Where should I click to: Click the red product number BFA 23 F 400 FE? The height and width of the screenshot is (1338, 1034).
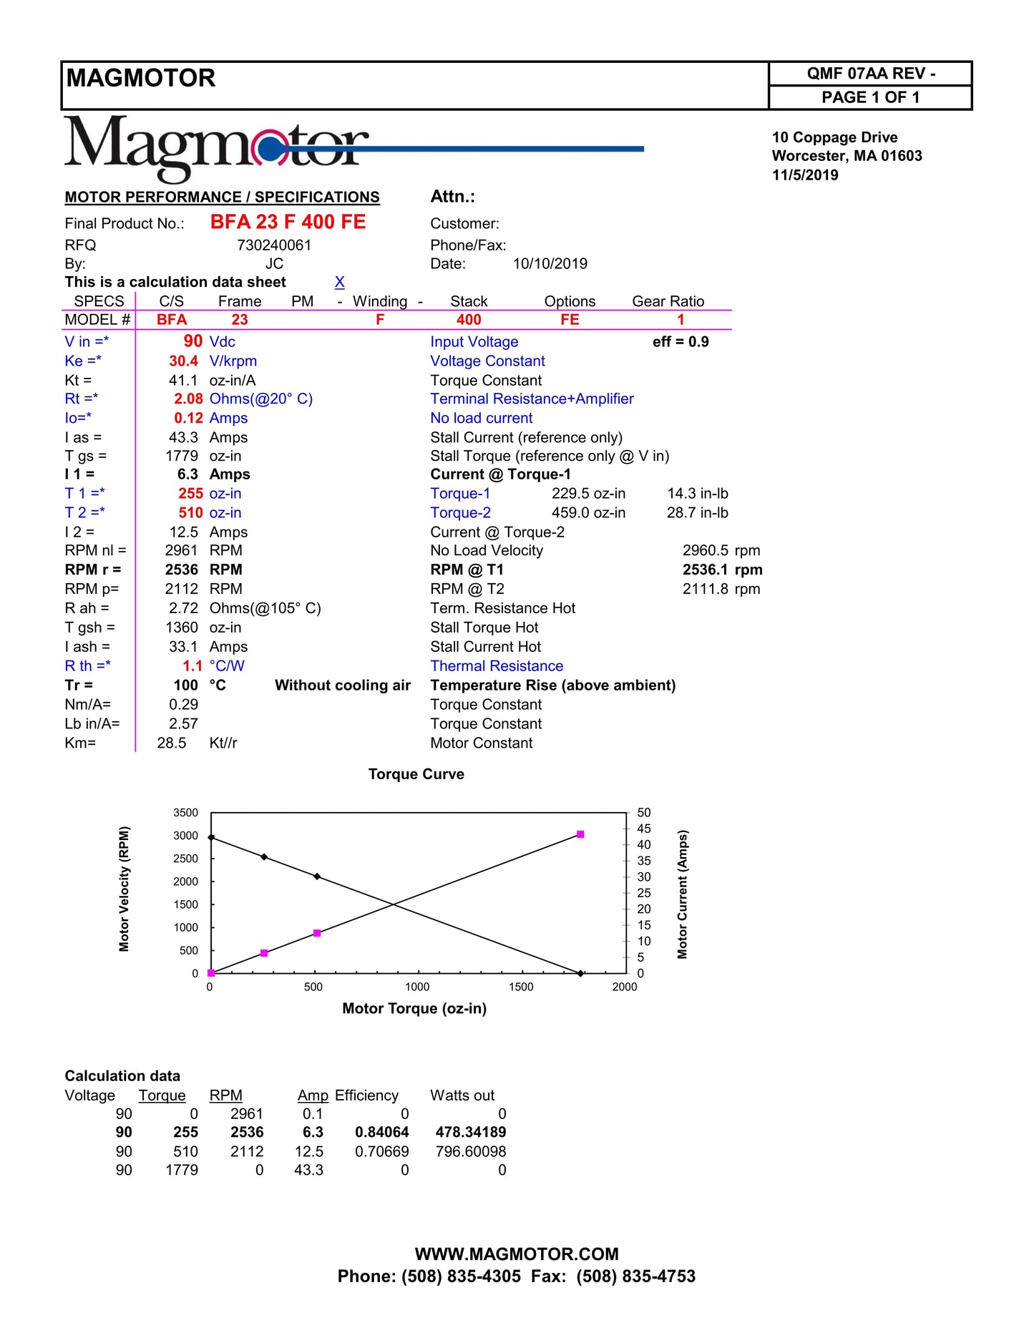click(288, 223)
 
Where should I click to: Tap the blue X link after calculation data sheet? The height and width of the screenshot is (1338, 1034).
click(340, 282)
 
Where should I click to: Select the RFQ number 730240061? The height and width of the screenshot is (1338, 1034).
click(274, 245)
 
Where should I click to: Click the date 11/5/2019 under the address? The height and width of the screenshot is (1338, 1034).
click(805, 175)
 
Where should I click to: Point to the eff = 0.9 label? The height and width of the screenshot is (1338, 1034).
click(681, 342)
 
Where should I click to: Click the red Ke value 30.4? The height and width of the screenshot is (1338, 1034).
click(184, 361)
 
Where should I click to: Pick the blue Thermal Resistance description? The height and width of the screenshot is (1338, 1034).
click(497, 666)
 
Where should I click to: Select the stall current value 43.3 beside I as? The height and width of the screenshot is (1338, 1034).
click(183, 437)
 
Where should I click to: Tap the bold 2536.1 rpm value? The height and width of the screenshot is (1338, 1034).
click(722, 570)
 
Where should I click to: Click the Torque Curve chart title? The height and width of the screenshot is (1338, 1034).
click(416, 774)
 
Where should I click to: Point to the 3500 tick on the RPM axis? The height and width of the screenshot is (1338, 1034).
click(185, 813)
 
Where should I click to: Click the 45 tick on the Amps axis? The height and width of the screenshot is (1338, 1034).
click(644, 829)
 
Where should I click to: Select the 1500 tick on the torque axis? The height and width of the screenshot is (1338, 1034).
click(521, 987)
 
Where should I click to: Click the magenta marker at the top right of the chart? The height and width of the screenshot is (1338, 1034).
click(580, 834)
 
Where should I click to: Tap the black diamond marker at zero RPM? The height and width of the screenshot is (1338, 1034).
click(580, 973)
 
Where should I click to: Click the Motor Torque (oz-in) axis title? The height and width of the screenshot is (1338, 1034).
click(414, 1009)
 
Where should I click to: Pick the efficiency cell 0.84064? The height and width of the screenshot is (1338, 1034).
click(382, 1133)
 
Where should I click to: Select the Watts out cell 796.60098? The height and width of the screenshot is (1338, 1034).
click(471, 1152)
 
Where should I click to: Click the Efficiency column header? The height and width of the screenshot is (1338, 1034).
click(366, 1095)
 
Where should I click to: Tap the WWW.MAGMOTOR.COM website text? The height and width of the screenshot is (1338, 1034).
click(517, 1254)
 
